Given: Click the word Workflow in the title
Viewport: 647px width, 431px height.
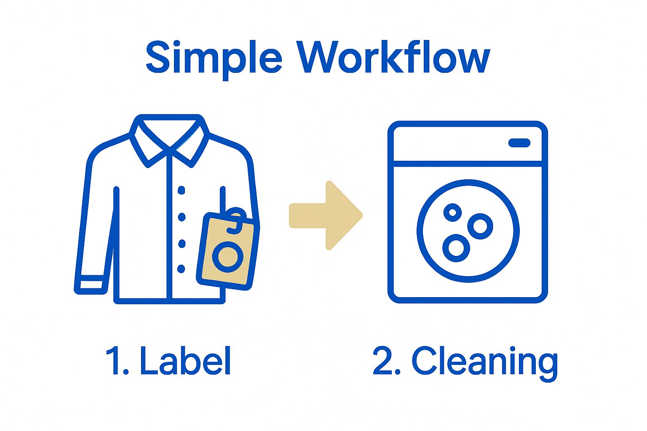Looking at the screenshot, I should [x=394, y=57].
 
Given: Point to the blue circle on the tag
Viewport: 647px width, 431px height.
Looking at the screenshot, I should [x=228, y=257].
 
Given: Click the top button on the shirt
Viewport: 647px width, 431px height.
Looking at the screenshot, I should [x=182, y=190].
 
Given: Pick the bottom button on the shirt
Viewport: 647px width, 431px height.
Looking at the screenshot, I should [x=181, y=269].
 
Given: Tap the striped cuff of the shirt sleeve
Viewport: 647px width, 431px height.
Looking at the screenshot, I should [x=90, y=284].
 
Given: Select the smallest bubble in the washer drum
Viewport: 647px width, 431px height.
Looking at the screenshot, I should [x=453, y=213].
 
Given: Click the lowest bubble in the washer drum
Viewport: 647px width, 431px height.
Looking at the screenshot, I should [x=456, y=247].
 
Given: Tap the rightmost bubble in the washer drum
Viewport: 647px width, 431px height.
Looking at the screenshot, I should [x=480, y=226].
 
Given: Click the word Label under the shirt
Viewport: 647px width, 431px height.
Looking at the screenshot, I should [x=185, y=361].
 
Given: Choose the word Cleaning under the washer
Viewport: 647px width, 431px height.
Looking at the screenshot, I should [x=484, y=362].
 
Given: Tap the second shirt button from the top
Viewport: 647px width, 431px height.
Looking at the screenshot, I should [x=182, y=217].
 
